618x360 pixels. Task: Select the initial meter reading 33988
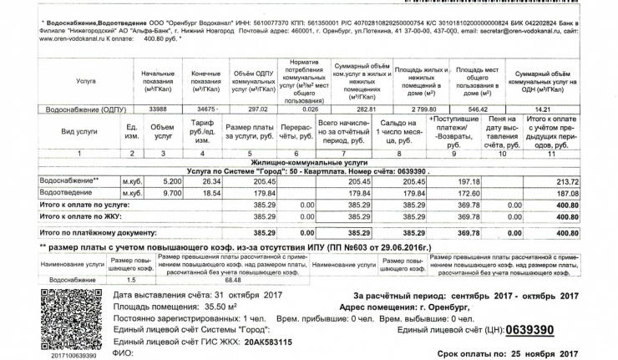pos(157,109)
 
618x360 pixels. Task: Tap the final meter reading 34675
pos(205,109)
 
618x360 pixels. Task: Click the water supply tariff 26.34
pos(210,181)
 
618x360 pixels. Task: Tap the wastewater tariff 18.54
pos(210,192)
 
